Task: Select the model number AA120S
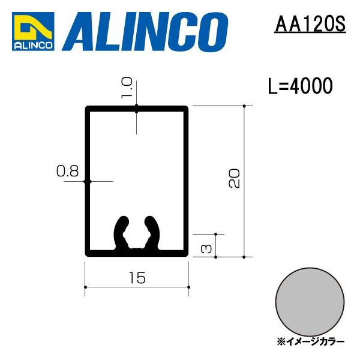pyautogui.click(x=309, y=25)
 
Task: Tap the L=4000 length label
pyautogui.click(x=300, y=86)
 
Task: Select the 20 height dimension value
pyautogui.click(x=235, y=178)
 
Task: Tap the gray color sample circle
pyautogui.click(x=311, y=300)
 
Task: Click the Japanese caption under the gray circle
pyautogui.click(x=311, y=341)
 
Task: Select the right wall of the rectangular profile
pyautogui.click(x=187, y=180)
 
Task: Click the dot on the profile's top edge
pyautogui.click(x=137, y=108)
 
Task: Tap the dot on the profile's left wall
pyautogui.click(x=86, y=181)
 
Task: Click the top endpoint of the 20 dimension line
pyautogui.click(x=244, y=106)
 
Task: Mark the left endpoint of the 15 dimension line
pyautogui.click(x=86, y=287)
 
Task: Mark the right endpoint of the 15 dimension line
pyautogui.click(x=189, y=287)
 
